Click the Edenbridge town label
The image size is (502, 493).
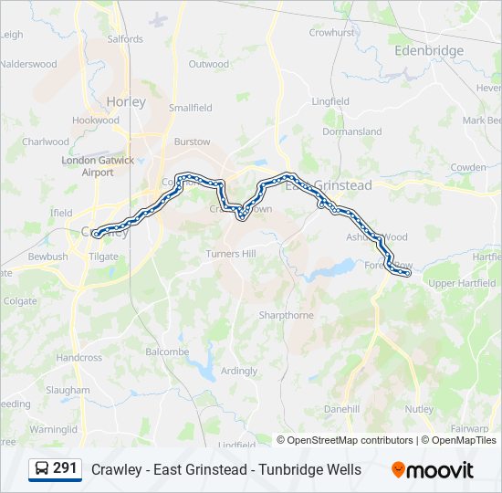pyautogui.click(x=428, y=51)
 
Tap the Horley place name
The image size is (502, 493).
pyautogui.click(x=126, y=102)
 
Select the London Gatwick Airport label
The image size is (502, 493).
pyautogui.click(x=98, y=166)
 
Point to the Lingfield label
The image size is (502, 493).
pyautogui.click(x=330, y=101)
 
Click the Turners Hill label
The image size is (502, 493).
pyautogui.click(x=233, y=254)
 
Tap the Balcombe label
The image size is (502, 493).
pyautogui.click(x=167, y=351)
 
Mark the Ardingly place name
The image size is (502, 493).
pyautogui.click(x=239, y=371)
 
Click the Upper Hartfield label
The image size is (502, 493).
pyautogui.click(x=461, y=283)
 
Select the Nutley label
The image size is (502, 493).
pyautogui.click(x=419, y=409)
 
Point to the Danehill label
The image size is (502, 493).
pyautogui.click(x=341, y=408)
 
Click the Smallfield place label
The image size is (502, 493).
pyautogui.click(x=190, y=108)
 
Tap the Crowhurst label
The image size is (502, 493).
pyautogui.click(x=331, y=32)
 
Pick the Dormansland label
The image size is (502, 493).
pyautogui.click(x=352, y=131)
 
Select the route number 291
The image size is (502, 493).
pyautogui.click(x=65, y=468)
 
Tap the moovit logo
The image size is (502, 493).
pyautogui.click(x=433, y=470)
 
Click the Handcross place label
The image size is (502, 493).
pyautogui.click(x=79, y=358)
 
